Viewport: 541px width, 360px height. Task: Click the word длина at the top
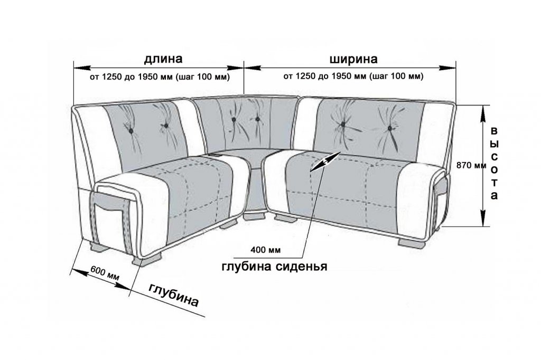163,59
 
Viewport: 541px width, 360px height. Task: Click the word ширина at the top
353,59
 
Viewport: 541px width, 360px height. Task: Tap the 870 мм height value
471,165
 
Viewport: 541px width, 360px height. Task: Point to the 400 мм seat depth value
266,249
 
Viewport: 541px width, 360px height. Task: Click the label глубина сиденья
274,267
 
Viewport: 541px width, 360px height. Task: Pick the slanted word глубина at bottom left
174,295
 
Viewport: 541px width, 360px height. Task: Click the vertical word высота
494,164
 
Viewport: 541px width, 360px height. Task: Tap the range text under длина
160,77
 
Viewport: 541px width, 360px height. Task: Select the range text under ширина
353,76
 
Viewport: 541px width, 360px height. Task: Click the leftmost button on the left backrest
131,131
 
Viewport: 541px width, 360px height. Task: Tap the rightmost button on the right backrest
390,128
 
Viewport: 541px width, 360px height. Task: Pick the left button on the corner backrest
234,119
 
